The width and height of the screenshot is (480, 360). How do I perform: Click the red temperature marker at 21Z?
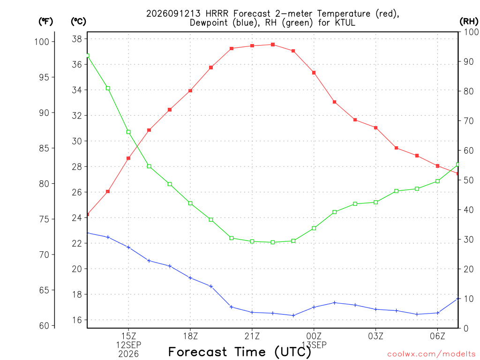(x=252, y=46)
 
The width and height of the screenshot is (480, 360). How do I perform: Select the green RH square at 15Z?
(x=128, y=132)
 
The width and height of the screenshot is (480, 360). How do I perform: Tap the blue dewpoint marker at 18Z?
(x=190, y=278)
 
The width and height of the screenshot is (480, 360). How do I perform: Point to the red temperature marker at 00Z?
(x=314, y=73)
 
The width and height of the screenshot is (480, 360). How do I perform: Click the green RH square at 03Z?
(x=376, y=202)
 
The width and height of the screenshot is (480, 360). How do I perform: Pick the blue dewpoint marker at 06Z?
(x=438, y=313)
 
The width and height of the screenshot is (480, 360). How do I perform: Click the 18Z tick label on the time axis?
(x=190, y=336)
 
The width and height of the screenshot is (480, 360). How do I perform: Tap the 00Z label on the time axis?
(x=314, y=336)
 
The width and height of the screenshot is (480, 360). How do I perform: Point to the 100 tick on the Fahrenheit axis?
(x=42, y=42)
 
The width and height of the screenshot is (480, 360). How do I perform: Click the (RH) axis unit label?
(x=469, y=22)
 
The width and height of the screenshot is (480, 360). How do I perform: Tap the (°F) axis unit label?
(x=45, y=22)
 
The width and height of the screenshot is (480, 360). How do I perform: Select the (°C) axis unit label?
(x=78, y=22)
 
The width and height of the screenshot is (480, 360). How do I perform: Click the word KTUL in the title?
(x=345, y=22)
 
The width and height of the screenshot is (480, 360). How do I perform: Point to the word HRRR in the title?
(x=217, y=14)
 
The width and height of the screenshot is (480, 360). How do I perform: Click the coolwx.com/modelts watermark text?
(x=431, y=354)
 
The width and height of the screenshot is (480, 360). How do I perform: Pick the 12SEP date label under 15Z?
(x=128, y=345)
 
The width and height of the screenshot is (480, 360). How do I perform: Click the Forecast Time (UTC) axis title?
(x=240, y=352)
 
